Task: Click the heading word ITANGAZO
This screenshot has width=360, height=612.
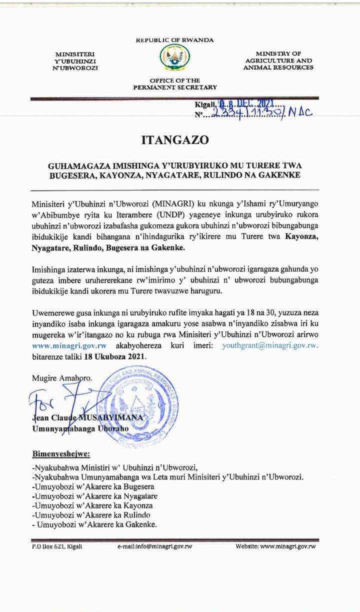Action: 174,140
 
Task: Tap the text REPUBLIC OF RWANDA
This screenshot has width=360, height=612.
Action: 174,40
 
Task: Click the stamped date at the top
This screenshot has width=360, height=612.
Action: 248,104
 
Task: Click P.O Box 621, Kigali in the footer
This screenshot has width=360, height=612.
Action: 57,546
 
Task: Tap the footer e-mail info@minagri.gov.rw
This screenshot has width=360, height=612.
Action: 155,546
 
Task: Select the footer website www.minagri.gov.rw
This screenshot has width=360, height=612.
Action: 276,546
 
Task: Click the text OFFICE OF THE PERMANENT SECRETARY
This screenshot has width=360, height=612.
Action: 174,83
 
